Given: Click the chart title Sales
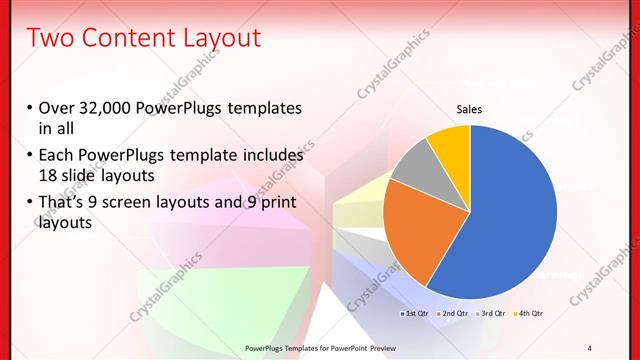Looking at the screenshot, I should pos(470,109).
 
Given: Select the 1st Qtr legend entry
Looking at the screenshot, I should pos(416,314).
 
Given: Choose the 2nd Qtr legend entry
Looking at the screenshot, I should pos(455,314).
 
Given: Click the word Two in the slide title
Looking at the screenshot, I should pos(51,38).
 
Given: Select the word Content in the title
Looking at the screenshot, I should pos(134,38).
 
